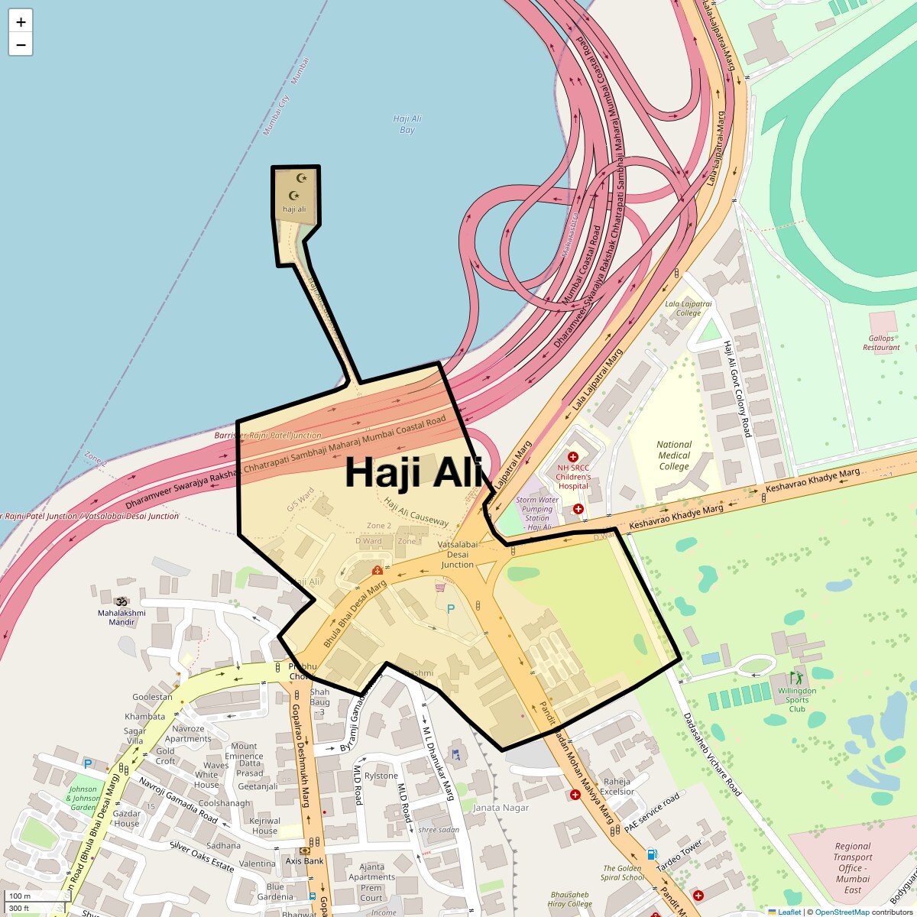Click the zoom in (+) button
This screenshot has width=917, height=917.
point(21,22)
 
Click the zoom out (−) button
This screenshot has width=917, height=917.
point(21,45)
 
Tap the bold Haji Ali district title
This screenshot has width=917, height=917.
point(413,471)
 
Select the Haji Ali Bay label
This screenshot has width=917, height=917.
point(407,125)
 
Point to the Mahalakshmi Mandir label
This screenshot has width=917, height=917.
point(122,617)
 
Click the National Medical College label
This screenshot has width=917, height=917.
point(674,455)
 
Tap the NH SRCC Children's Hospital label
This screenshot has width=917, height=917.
point(573,476)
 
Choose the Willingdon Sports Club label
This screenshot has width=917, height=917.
point(797,699)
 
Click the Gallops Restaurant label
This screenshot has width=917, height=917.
point(881,342)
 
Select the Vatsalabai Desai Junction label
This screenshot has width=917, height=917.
point(457,555)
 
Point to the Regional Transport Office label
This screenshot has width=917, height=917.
point(853,868)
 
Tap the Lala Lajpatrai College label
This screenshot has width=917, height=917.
point(688,308)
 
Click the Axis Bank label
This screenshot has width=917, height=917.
point(305,860)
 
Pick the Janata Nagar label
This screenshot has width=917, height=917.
point(501,807)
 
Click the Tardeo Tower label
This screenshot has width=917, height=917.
point(679,856)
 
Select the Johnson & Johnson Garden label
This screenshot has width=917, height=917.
point(83,798)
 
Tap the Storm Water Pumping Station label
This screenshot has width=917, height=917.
point(537,514)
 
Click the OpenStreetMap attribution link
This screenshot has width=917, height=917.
point(841,912)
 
